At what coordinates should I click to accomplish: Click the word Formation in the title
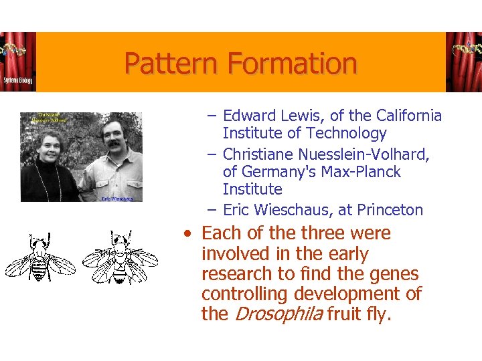point(292,64)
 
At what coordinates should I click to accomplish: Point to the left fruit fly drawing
point(39,258)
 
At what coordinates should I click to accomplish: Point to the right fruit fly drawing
point(119,258)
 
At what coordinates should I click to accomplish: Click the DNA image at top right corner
point(463,62)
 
